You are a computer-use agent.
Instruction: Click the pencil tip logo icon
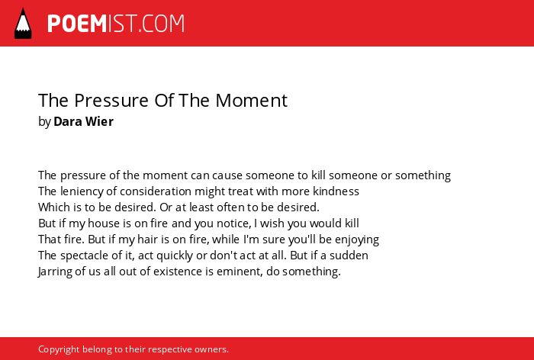point(23,23)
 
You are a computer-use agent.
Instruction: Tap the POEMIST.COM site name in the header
point(116,24)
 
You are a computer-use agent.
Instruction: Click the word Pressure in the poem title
point(111,101)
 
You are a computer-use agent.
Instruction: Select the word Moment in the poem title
point(252,101)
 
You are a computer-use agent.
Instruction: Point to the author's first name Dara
point(67,121)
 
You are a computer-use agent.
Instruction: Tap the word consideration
point(156,191)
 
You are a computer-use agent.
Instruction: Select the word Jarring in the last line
point(55,272)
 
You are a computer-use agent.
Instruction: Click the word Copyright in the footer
point(59,349)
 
